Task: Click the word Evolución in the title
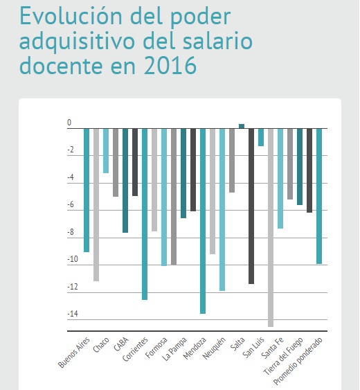[71, 16]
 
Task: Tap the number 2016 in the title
[170, 65]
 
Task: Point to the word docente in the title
[61, 65]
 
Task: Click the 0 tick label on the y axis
[69, 123]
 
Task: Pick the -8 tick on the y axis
[71, 232]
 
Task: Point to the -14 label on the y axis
[73, 314]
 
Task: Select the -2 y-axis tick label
[71, 150]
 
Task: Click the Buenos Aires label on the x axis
[74, 352]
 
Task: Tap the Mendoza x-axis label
[195, 348]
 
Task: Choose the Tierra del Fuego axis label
[283, 356]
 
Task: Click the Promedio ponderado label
[298, 361]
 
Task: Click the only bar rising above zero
[242, 126]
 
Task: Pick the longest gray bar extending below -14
[271, 228]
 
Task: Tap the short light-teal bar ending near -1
[261, 137]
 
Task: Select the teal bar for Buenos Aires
[87, 190]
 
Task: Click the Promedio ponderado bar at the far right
[319, 196]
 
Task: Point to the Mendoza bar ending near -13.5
[203, 221]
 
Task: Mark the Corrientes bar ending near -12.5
[145, 214]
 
